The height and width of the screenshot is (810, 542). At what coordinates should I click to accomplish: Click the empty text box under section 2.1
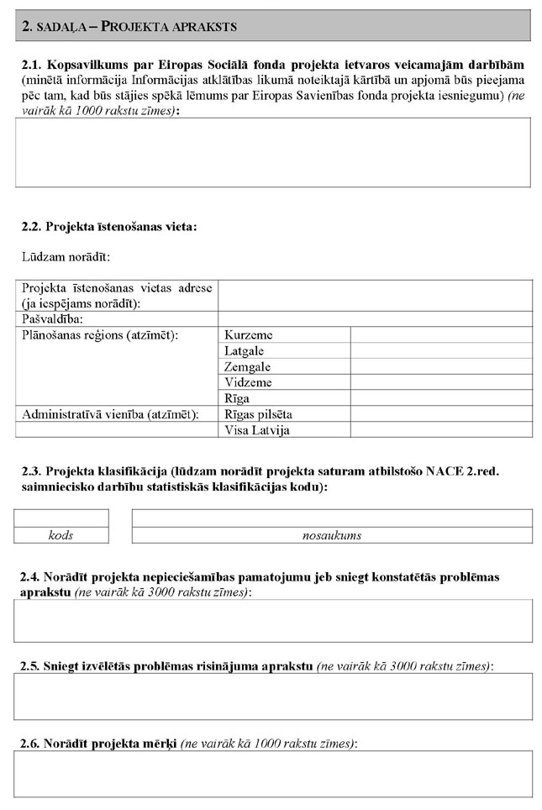[x=272, y=152]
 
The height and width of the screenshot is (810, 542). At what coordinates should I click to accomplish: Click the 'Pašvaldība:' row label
[x=51, y=319]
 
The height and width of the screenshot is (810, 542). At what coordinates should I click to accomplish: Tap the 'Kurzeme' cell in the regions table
[x=249, y=335]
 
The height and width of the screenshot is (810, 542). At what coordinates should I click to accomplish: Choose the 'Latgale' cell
[x=245, y=351]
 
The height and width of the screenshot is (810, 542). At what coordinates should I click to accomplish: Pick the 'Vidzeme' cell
[x=248, y=383]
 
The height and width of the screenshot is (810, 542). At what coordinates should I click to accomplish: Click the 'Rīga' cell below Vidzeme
[x=237, y=398]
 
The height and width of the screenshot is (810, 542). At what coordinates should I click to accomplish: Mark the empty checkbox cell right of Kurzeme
[x=440, y=335]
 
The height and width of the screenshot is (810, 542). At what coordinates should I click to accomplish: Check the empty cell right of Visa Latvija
[x=440, y=430]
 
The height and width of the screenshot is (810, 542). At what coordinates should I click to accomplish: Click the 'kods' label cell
[x=61, y=535]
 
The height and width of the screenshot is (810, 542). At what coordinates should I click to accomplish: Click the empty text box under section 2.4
[x=272, y=621]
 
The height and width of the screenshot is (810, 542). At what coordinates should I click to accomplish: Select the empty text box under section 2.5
[x=272, y=697]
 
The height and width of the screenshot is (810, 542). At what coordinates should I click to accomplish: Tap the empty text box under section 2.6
[x=272, y=773]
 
